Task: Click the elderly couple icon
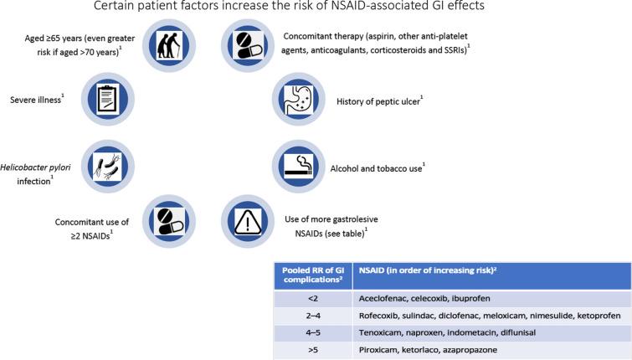[x=171, y=47]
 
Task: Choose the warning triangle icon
[x=247, y=219]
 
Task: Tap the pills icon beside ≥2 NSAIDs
[x=171, y=219]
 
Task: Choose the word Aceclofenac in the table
[x=387, y=300]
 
